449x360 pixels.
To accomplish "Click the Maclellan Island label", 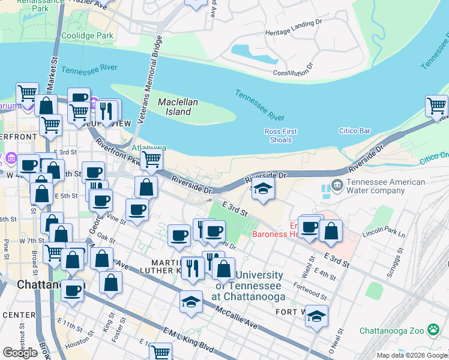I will (178, 107).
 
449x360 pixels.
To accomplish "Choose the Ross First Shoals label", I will (280, 136).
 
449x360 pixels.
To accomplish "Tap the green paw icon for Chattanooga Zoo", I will (433, 329).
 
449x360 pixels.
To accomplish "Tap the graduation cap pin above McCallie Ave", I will (191, 301).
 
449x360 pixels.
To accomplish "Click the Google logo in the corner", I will (20, 353).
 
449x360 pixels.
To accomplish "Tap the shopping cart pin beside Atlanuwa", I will (151, 160).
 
